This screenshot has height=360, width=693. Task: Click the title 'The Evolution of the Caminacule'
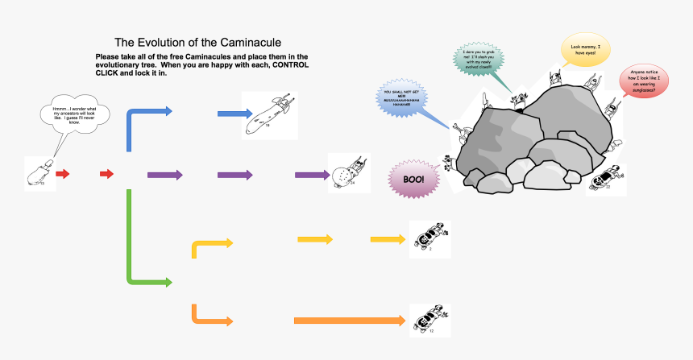tap(197, 42)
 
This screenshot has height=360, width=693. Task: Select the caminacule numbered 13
tap(39, 174)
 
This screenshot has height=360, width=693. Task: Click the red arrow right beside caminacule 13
tap(63, 174)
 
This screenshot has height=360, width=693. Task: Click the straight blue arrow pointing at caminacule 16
tap(235, 114)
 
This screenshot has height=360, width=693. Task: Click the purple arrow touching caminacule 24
tap(311, 175)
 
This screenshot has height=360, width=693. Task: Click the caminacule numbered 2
tap(429, 237)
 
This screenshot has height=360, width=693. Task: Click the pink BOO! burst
tap(413, 179)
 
